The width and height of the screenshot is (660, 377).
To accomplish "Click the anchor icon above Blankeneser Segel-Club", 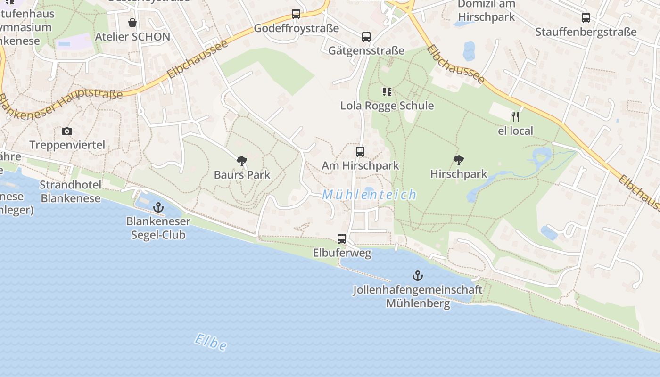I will coord(158,207).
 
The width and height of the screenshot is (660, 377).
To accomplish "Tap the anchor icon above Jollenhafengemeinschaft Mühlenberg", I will coord(418,275).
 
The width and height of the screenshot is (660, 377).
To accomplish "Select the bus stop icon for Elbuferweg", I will coord(342,239).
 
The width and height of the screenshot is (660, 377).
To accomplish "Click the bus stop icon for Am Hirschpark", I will coord(360,151).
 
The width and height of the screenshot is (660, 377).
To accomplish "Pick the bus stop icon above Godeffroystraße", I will coord(296,14).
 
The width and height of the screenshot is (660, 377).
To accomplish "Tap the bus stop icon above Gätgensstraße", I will coord(366,36).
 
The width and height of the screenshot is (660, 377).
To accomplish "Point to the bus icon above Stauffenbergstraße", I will coord(586,18).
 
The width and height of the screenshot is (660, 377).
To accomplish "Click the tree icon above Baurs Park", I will coord(242,161).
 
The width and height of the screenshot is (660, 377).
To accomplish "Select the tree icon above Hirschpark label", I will coord(458,160).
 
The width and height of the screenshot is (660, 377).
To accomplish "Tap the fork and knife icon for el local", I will coord(515,116).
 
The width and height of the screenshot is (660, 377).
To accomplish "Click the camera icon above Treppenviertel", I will coord(67,131).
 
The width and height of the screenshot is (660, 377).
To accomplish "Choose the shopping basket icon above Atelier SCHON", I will coord(132,23).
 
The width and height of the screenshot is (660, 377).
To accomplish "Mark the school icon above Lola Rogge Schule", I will coord(387,91).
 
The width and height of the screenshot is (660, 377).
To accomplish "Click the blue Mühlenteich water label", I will coord(370,194).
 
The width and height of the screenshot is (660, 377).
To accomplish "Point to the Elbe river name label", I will coord(211,343).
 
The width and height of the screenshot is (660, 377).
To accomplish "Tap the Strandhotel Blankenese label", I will coord(70,191).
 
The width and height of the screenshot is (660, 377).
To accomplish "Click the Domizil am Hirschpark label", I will coord(487,11).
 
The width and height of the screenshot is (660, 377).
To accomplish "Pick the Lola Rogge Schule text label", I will coord(387,106).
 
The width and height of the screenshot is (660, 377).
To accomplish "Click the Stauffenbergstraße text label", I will coord(586,32).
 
